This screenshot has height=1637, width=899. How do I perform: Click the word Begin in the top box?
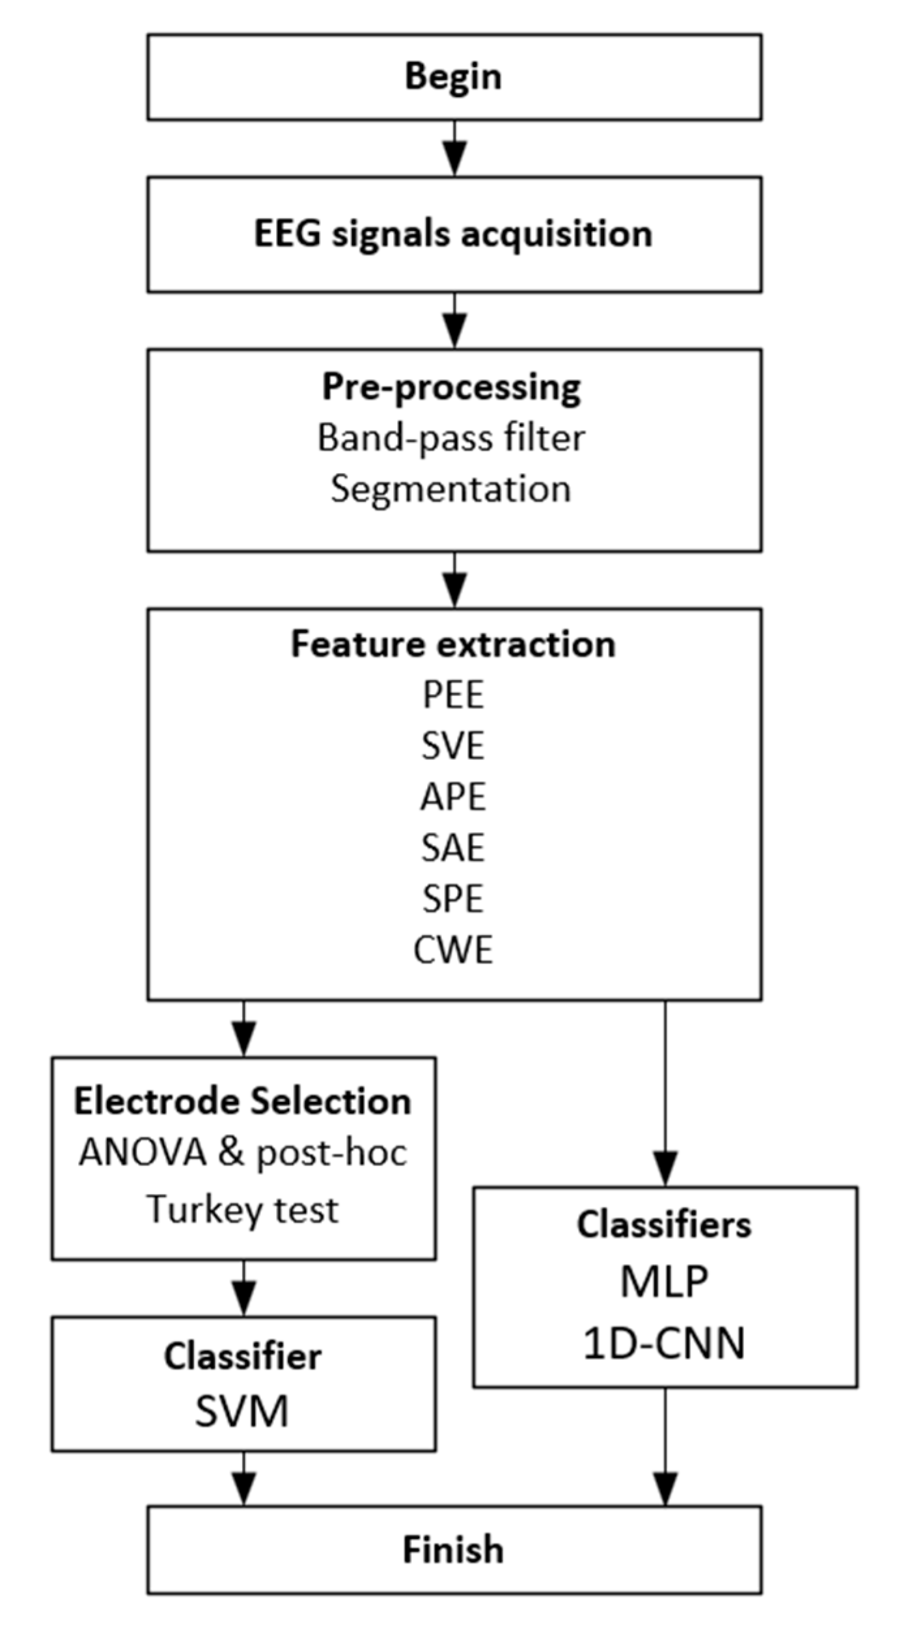click(453, 77)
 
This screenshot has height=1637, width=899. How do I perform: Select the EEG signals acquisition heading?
click(453, 234)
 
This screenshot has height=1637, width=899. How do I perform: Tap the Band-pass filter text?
click(451, 438)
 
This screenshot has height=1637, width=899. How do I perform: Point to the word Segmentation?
click(450, 489)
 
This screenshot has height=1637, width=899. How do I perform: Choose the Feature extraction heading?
click(453, 644)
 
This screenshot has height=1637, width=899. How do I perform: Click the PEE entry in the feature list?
click(453, 695)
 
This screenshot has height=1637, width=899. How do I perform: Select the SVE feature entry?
click(453, 746)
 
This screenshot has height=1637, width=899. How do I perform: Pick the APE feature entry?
click(453, 796)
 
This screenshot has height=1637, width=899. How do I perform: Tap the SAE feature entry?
click(453, 848)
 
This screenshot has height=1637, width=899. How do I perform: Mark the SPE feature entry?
click(453, 899)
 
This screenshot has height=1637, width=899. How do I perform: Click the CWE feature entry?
click(453, 949)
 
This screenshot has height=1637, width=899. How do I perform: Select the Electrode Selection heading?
click(243, 1102)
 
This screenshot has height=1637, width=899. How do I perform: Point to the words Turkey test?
click(243, 1210)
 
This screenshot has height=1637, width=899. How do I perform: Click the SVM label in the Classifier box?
click(242, 1412)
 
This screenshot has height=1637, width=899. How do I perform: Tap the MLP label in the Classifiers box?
click(664, 1282)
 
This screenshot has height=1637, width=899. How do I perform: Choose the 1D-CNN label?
click(664, 1344)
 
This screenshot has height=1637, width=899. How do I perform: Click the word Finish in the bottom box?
click(453, 1549)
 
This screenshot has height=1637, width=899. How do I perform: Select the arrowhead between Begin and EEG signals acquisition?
click(454, 160)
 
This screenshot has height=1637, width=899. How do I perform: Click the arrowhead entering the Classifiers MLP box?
click(665, 1169)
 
